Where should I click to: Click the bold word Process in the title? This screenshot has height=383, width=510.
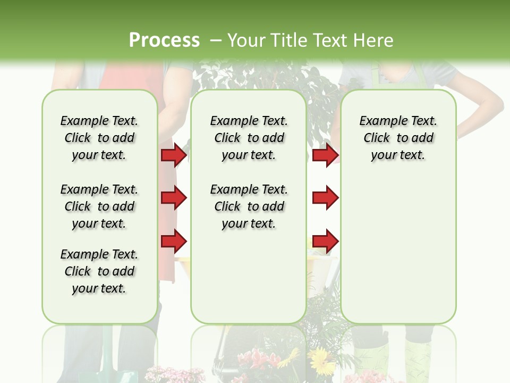164,40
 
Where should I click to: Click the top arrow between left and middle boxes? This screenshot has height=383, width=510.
174,155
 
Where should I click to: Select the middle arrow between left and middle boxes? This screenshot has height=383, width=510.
174,198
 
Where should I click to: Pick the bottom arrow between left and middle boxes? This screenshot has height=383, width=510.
174,242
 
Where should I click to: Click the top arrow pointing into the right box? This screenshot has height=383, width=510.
325,155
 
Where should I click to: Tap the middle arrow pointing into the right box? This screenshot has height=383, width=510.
325,198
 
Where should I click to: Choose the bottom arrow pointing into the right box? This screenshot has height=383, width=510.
325,242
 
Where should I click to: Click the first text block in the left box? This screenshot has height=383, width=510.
99,138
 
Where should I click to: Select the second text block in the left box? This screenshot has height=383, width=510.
99,206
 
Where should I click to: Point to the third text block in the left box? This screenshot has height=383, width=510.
99,271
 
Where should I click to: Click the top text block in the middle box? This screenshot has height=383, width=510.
249,138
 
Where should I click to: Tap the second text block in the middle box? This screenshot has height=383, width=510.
249,206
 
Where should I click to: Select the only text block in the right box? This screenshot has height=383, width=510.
398,138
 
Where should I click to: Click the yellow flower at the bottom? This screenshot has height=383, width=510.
320,362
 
